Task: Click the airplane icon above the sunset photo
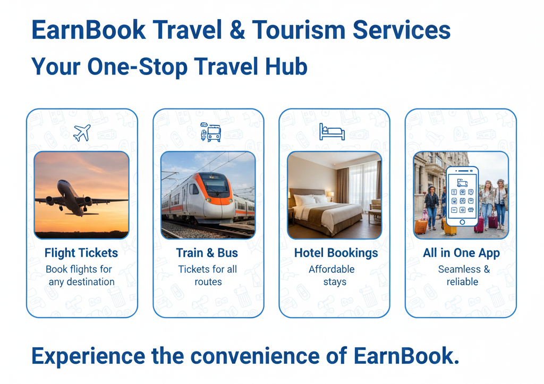(82, 132)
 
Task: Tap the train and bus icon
(210, 132)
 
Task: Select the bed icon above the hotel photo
(332, 131)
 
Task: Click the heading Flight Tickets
(81, 253)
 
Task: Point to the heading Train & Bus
(207, 253)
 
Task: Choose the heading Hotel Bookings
(336, 253)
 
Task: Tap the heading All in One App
(461, 253)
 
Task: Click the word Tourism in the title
(299, 30)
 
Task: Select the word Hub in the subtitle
(286, 66)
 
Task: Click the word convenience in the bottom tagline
(254, 356)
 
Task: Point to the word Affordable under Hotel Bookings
(331, 269)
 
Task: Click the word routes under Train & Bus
(208, 282)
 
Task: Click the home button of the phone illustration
(462, 222)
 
